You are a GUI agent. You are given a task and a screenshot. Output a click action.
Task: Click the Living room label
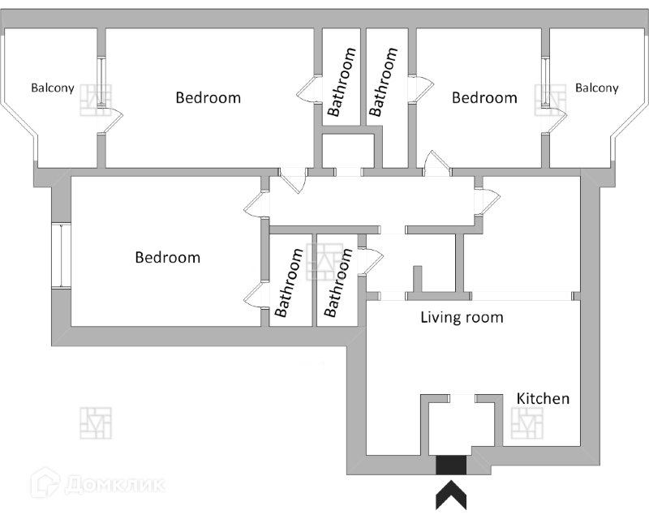coord(462,317)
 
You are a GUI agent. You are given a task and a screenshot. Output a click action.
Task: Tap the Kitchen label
coord(543,399)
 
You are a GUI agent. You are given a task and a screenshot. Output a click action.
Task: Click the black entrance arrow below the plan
coord(451,495)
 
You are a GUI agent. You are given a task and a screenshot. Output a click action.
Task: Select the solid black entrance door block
coord(451,465)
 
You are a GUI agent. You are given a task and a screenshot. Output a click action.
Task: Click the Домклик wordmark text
coord(116,484)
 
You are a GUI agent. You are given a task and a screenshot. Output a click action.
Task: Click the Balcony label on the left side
coord(53,88)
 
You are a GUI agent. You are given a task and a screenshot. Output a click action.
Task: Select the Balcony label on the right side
coord(596,88)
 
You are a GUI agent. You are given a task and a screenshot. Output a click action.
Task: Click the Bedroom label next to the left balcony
coord(208,98)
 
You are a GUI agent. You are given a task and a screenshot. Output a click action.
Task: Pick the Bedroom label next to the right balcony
coord(484,98)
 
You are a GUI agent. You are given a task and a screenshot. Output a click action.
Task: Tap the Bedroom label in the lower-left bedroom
coord(167,258)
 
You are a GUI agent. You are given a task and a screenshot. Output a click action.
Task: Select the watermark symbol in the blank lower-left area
coord(96,422)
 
